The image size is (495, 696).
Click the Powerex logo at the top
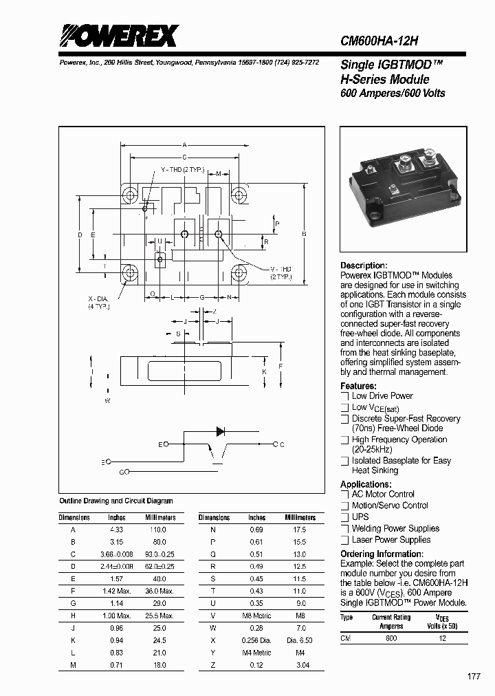point(118,36)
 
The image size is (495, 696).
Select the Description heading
point(364,265)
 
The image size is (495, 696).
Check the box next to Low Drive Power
point(345,396)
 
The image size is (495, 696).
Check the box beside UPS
point(345,517)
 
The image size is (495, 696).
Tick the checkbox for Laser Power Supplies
point(345,541)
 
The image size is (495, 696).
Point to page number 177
point(474,677)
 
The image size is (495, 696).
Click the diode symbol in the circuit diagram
point(220,432)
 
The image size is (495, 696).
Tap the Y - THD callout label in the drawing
point(181,169)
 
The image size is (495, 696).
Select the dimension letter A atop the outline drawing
point(184,145)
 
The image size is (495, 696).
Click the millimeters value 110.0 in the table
point(158,530)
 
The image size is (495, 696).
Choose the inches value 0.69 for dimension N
point(257,530)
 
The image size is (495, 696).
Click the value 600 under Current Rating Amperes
point(391,638)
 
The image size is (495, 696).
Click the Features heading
point(358,386)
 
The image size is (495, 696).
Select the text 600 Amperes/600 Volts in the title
point(393,94)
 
